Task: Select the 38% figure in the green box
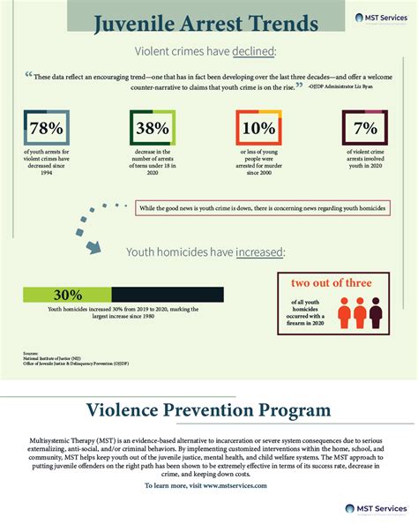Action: click(152, 128)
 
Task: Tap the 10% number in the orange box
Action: click(258, 128)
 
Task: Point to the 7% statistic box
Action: click(363, 128)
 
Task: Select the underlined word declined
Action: click(256, 51)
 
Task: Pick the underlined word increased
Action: click(259, 252)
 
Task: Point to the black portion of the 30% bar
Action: click(168, 295)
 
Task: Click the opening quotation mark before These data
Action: click(29, 75)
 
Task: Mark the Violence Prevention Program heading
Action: click(208, 410)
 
